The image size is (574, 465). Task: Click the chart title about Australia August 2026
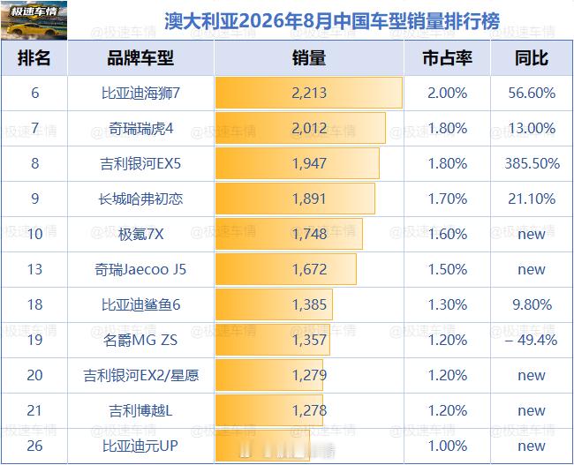(x=332, y=21)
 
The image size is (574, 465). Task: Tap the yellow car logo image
(x=34, y=20)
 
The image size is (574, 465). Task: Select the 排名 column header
(x=34, y=58)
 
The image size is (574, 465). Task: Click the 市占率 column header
(x=448, y=58)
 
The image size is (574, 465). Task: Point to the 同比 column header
(x=532, y=58)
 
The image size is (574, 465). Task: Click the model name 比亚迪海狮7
(x=140, y=93)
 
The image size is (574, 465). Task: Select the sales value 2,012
(x=309, y=128)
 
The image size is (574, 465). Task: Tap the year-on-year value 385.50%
(x=532, y=163)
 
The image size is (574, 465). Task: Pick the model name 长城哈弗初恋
(x=140, y=199)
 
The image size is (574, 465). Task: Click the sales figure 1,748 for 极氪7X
(x=309, y=234)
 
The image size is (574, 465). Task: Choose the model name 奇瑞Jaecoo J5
(x=140, y=269)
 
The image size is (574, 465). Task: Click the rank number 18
(x=34, y=304)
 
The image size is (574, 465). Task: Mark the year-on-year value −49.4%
(x=532, y=340)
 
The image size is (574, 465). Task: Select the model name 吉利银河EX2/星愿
(x=141, y=375)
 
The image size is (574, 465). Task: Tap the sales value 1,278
(x=309, y=410)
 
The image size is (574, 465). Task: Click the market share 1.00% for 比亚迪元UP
(x=448, y=446)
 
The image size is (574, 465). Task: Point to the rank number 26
(x=34, y=446)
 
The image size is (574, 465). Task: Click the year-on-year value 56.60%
(x=532, y=93)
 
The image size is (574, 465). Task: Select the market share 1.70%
(x=448, y=199)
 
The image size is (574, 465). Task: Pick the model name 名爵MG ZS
(x=140, y=340)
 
